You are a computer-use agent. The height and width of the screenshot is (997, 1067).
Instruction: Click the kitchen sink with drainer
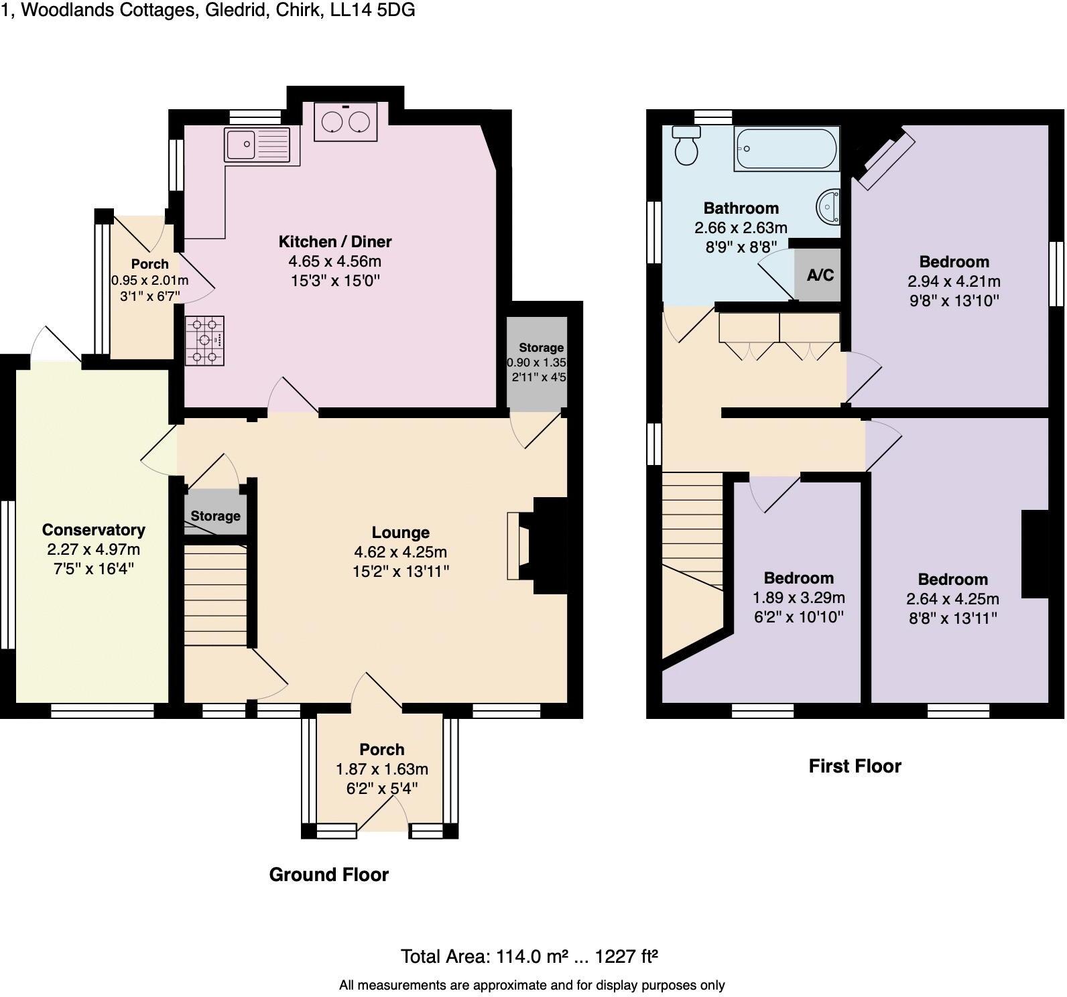coord(258,145)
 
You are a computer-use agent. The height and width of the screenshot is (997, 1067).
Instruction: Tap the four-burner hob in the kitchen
coord(204,341)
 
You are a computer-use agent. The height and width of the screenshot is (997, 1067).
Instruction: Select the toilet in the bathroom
coord(686,145)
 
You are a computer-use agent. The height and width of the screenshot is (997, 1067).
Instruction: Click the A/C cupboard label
coord(820,275)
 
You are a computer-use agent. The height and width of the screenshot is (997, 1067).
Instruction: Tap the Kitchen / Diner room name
coord(334,241)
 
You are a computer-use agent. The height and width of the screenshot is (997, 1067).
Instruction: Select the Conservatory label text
coord(93,530)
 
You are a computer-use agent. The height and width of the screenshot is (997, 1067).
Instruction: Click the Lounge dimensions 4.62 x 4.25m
coord(400,552)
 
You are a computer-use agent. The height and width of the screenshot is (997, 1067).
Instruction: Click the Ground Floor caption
coord(328,874)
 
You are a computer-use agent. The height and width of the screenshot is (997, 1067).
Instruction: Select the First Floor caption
coord(855,766)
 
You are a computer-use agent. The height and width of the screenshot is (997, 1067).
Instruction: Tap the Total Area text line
coord(529,956)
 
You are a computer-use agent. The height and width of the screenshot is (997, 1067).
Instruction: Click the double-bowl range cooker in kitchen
coord(345,121)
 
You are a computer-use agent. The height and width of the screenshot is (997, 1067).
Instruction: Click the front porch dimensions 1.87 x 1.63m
coord(381,769)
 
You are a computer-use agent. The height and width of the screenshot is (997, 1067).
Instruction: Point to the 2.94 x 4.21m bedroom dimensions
coord(953,281)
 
